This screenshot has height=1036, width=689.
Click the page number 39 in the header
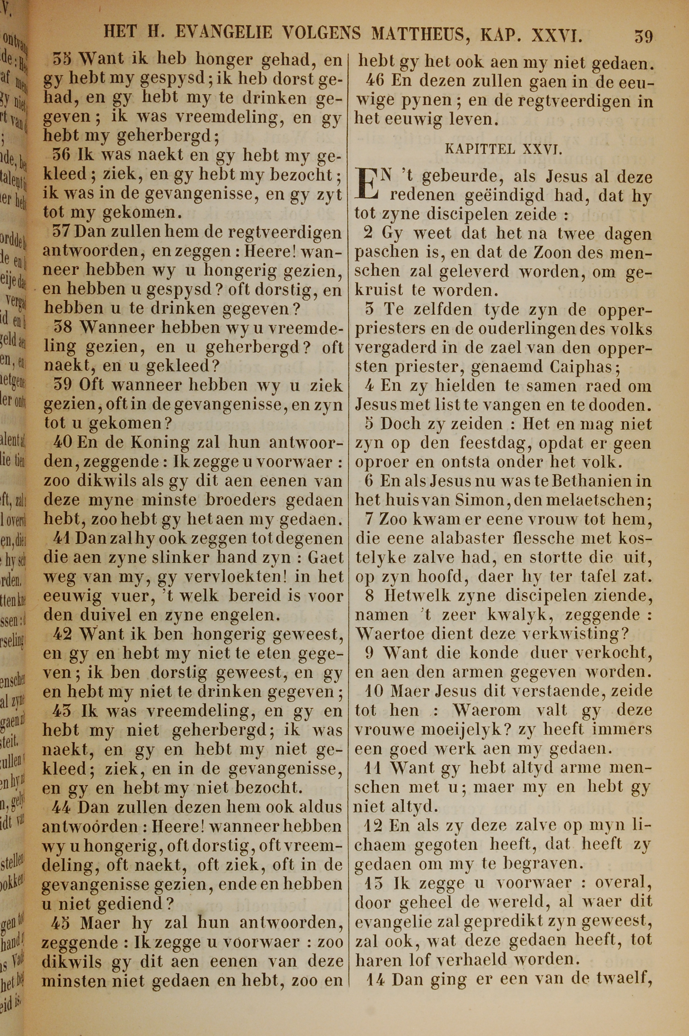(x=643, y=35)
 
